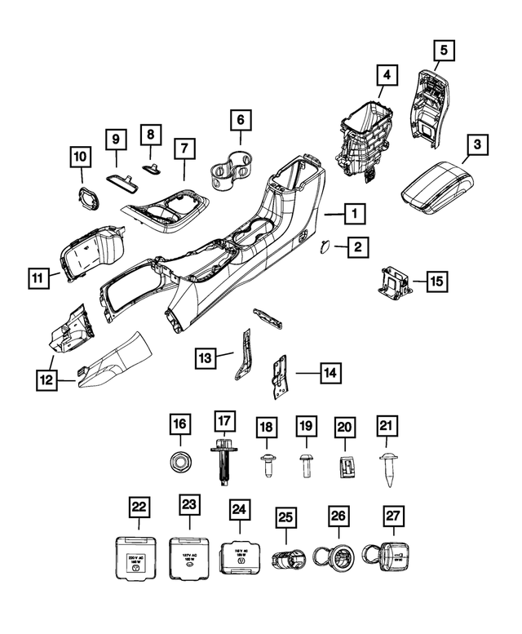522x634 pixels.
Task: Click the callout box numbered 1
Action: tap(354, 215)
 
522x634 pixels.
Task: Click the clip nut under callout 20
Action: tap(345, 467)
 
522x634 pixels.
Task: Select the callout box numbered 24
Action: tap(239, 511)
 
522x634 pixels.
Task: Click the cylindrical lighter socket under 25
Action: tap(286, 562)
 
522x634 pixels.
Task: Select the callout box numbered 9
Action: tap(116, 140)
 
